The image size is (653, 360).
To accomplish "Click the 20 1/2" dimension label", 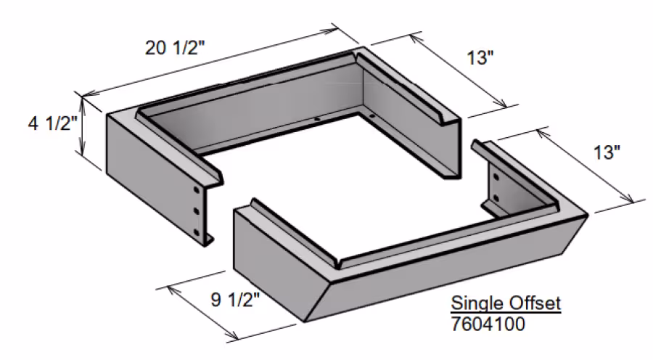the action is pos(174,48).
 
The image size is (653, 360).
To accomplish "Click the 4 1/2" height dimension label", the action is pos(52,123).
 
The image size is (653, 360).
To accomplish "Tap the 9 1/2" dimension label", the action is pos(235,299).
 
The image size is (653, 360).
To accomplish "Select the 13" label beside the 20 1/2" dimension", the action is pos(480,57).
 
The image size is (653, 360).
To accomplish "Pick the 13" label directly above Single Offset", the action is pos(607,152).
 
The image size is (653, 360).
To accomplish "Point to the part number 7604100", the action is pos(488,324).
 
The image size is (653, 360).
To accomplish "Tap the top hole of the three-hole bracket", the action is pos(196,190).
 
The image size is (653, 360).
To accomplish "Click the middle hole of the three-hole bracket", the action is pos(197,211).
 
